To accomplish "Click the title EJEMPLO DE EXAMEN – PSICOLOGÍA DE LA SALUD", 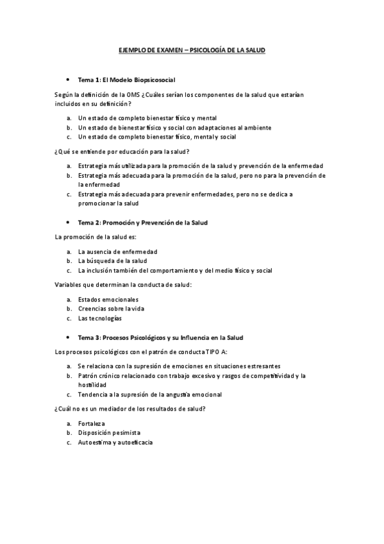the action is tap(192, 49).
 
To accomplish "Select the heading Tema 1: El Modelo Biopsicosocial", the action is tap(126, 80).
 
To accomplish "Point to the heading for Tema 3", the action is tap(160, 337).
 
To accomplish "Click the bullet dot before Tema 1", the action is tap(67, 80).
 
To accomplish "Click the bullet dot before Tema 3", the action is tap(67, 337).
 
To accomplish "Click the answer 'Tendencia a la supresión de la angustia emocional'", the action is tap(149, 395).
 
